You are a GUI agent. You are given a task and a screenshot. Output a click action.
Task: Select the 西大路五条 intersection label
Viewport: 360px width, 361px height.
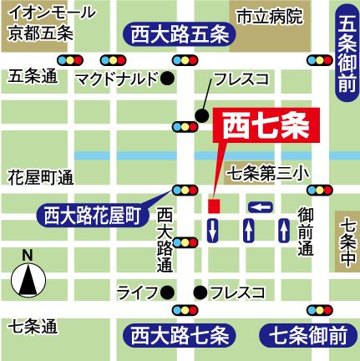pos(179,36)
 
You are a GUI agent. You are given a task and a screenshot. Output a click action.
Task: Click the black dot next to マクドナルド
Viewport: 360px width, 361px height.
pos(167,79)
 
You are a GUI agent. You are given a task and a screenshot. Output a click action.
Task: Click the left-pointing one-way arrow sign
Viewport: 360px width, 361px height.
pos(261,206)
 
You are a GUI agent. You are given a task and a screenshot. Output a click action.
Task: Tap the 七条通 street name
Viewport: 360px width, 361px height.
pos(33,326)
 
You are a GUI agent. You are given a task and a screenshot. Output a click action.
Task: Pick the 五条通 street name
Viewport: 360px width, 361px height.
pos(33,76)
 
